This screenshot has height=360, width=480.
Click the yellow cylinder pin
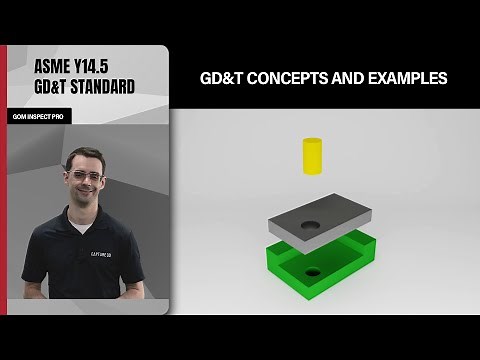[312, 159]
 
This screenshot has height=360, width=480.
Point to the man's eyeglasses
[88, 178]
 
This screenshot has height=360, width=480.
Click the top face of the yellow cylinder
[312, 144]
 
